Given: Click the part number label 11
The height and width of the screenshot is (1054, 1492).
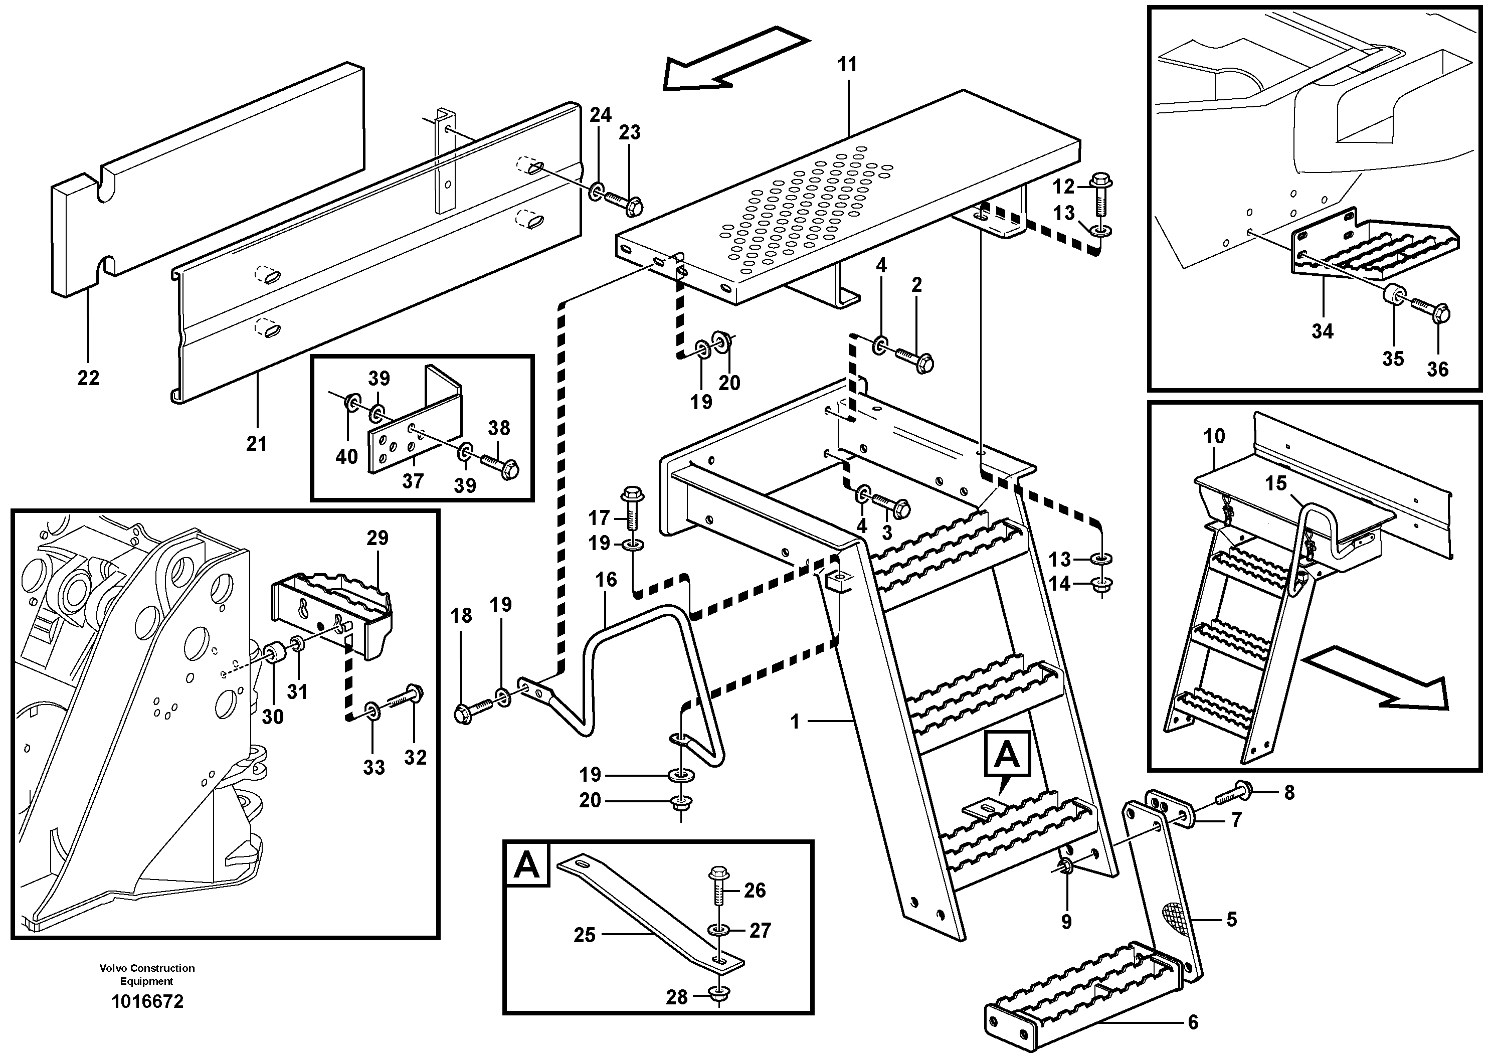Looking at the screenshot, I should click(x=847, y=65).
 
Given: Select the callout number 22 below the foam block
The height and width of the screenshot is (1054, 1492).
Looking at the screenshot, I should click(x=88, y=378).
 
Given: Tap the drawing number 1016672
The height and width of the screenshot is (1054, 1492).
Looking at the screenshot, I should click(x=147, y=1001).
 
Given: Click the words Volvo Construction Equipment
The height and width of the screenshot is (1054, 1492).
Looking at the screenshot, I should click(x=147, y=975).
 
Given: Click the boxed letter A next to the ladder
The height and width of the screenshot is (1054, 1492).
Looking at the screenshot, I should click(x=1007, y=755).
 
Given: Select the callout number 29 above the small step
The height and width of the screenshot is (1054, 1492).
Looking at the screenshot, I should click(x=377, y=538).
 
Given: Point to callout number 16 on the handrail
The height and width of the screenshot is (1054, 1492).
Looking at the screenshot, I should click(x=606, y=580).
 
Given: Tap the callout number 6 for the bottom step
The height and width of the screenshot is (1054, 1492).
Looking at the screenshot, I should click(x=1192, y=1022).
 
